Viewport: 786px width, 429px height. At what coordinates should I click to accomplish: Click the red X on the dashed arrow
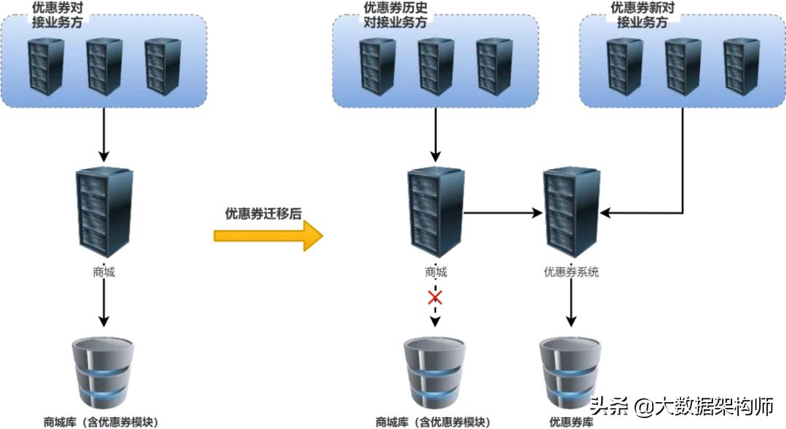coord(435,297)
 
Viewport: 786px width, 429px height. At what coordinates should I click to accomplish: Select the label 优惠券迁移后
coord(263,213)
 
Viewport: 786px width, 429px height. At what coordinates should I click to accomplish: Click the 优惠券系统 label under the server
coord(571,272)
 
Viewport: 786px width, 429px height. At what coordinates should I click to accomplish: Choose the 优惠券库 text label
coord(571,422)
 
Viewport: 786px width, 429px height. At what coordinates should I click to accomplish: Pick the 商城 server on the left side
coord(104,209)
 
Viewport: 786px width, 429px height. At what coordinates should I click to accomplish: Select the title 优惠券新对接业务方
coord(643,15)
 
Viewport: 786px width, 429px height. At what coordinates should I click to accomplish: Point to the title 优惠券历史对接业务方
coord(395,15)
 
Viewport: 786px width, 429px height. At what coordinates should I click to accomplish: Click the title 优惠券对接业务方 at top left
coord(61,15)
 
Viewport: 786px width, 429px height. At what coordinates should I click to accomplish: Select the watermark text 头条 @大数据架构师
coord(681,406)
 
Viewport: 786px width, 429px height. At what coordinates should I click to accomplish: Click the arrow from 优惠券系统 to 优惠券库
coord(571,306)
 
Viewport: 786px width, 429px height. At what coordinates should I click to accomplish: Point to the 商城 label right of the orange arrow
coord(435,272)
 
